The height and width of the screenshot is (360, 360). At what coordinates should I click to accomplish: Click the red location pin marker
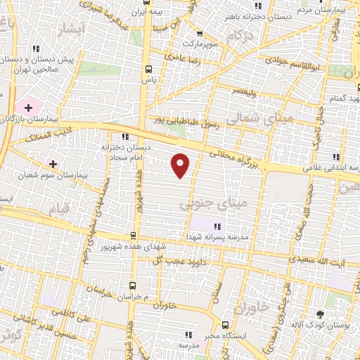pyautogui.click(x=181, y=165)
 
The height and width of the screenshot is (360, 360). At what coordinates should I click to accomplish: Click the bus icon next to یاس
pyautogui.click(x=148, y=69)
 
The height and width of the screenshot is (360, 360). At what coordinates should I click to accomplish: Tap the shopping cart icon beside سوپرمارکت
pyautogui.click(x=200, y=33)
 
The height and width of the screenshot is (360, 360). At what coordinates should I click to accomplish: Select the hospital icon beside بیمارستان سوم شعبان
pyautogui.click(x=53, y=163)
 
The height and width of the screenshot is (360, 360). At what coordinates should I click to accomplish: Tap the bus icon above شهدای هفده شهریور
pyautogui.click(x=134, y=236)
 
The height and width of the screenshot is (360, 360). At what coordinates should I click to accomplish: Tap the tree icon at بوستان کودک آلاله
pyautogui.click(x=321, y=314)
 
